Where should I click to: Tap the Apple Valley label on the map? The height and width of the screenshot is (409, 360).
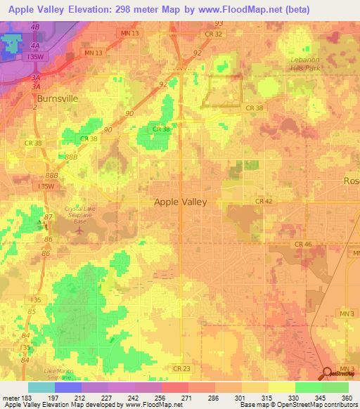(x=181, y=202)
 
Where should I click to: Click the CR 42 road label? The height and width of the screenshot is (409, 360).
(x=264, y=200)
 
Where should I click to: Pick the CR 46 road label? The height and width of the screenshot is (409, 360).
(x=303, y=244)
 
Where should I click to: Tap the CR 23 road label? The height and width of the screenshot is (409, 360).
(x=181, y=368)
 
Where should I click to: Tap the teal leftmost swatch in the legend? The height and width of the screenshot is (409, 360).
(x=41, y=387)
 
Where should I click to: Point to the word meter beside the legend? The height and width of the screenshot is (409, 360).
(x=8, y=397)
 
